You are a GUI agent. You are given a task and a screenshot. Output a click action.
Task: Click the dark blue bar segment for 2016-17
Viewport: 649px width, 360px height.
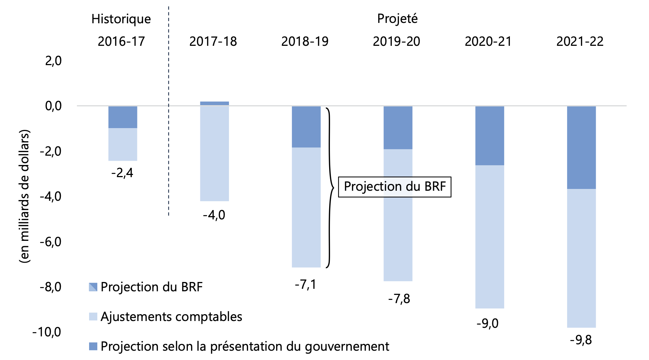point(123,117)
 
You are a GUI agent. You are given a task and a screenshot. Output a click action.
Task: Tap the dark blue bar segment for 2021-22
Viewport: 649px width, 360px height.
point(581,147)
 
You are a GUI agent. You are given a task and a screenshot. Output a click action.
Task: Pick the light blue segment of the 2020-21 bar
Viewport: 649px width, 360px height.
point(489,237)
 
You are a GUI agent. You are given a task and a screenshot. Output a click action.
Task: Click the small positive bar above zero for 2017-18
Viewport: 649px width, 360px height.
point(214,103)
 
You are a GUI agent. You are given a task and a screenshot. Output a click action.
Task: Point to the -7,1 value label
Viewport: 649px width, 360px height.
point(306,284)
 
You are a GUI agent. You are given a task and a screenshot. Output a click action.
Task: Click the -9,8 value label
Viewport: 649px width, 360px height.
point(581,340)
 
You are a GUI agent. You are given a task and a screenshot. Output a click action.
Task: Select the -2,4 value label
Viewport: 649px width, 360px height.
point(122,173)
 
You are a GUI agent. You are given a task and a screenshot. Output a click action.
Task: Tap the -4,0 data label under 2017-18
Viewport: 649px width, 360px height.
point(214,215)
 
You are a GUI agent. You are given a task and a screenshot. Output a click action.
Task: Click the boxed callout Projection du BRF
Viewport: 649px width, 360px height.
point(395,187)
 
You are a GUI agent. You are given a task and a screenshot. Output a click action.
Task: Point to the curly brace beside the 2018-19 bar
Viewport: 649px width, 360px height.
point(330,187)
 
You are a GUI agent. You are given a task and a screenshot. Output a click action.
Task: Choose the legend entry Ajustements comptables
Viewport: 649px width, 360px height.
point(171,317)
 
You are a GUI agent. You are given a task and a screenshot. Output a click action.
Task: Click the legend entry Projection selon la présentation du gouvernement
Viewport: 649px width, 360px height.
point(245,346)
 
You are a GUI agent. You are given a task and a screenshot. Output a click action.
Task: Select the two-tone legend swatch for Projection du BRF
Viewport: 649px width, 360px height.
point(93,287)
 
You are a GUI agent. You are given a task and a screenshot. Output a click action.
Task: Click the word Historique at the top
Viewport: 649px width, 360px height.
point(121,19)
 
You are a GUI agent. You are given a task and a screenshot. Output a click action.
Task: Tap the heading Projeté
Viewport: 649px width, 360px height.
point(397,19)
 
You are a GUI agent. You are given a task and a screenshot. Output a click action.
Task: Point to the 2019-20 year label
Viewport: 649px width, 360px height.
point(396,42)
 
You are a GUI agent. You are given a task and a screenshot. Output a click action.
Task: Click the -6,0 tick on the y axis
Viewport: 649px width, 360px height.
point(50,242)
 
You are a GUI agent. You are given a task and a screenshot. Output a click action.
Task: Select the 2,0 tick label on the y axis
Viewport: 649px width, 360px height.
point(53,61)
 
